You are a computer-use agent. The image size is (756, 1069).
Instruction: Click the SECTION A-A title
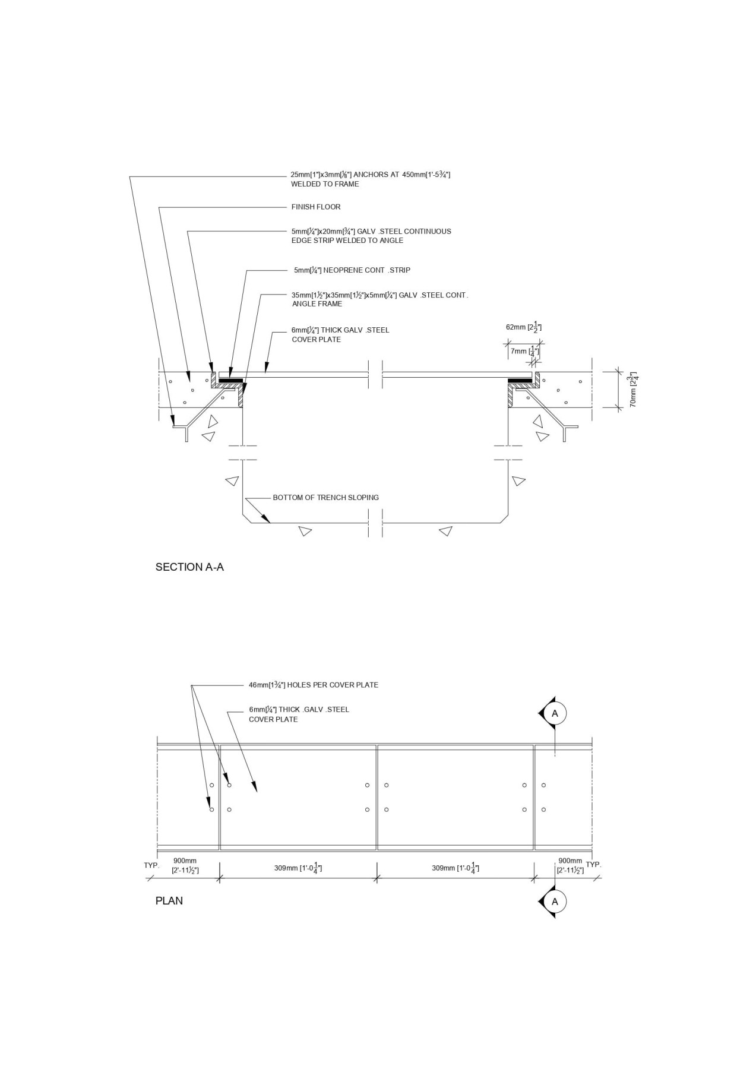point(189,567)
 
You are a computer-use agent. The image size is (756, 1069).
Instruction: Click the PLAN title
point(169,901)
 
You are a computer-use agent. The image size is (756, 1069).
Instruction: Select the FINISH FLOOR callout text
point(315,207)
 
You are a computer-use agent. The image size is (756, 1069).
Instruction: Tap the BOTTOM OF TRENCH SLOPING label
point(325,498)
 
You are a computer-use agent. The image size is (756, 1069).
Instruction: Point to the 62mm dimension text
point(523,327)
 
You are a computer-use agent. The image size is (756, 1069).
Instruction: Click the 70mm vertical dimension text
point(634,389)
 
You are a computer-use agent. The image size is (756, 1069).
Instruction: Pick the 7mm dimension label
point(522,352)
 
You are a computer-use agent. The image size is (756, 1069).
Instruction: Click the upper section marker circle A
point(555,713)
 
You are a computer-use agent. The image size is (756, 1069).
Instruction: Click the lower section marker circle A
point(555,902)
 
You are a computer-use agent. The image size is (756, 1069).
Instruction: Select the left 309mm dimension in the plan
point(298,868)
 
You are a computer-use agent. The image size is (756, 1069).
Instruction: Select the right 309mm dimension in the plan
point(456,868)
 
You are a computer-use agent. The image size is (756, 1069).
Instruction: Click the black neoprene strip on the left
point(230,380)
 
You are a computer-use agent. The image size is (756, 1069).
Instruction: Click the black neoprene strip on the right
point(519,380)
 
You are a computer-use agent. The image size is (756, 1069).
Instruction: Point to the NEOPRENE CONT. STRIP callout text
point(352,270)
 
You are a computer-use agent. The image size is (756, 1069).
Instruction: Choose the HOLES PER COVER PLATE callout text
point(313,685)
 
